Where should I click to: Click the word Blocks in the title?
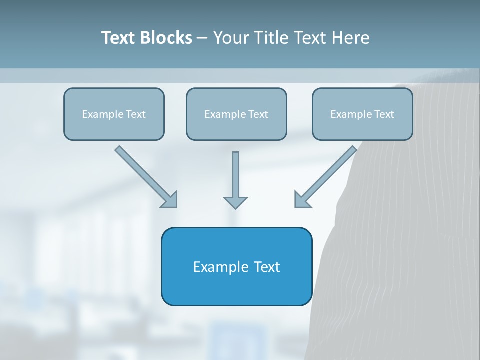[167, 38]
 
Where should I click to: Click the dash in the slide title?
[202, 38]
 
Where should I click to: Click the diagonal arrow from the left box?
[142, 173]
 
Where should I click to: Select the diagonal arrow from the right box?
[330, 173]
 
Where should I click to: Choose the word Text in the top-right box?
[384, 114]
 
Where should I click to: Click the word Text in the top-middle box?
[258, 114]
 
